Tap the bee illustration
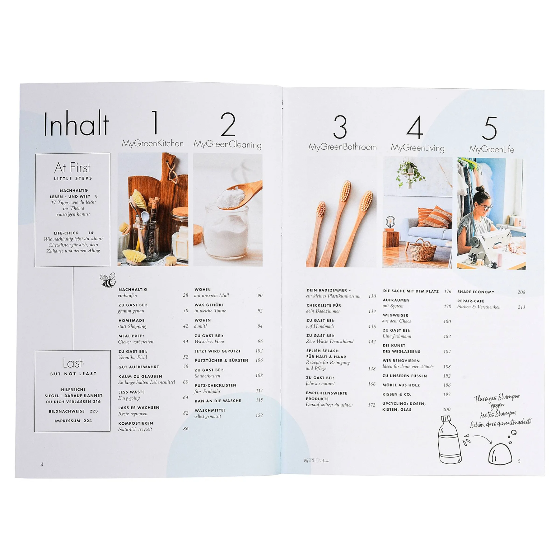[108, 280]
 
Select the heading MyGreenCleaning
[227, 144]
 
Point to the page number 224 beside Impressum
[87, 420]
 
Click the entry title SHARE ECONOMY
[476, 292]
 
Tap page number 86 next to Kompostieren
[186, 428]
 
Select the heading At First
[73, 168]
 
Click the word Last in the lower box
[73, 363]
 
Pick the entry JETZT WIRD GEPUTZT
[217, 351]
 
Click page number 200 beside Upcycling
[446, 409]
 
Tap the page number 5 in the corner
[519, 461]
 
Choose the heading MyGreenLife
[492, 149]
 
